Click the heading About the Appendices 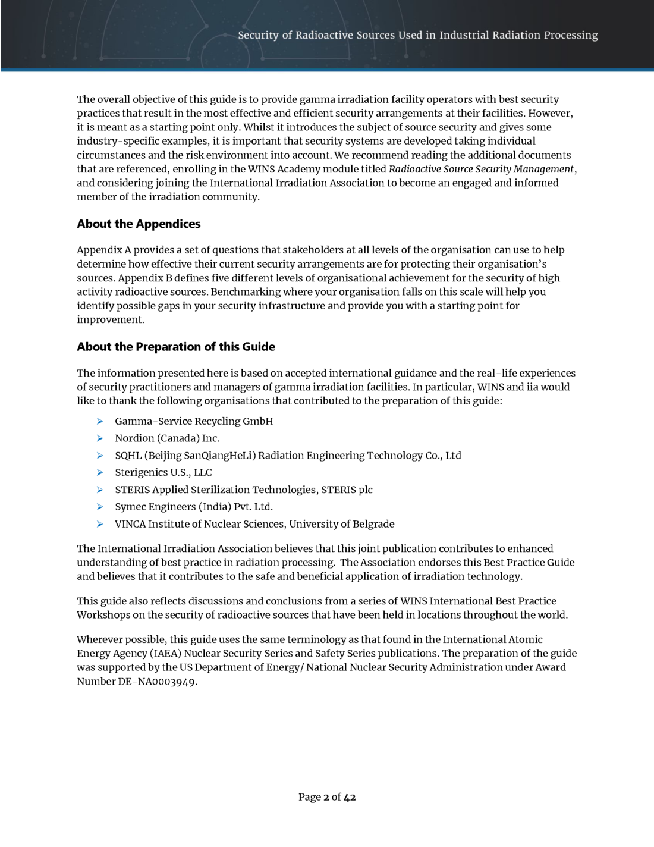coord(139,224)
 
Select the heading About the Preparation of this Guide coord(176,347)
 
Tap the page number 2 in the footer coord(326,797)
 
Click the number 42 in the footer coord(350,797)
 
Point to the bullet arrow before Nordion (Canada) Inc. coord(100,438)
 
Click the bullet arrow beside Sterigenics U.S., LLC coord(100,473)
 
